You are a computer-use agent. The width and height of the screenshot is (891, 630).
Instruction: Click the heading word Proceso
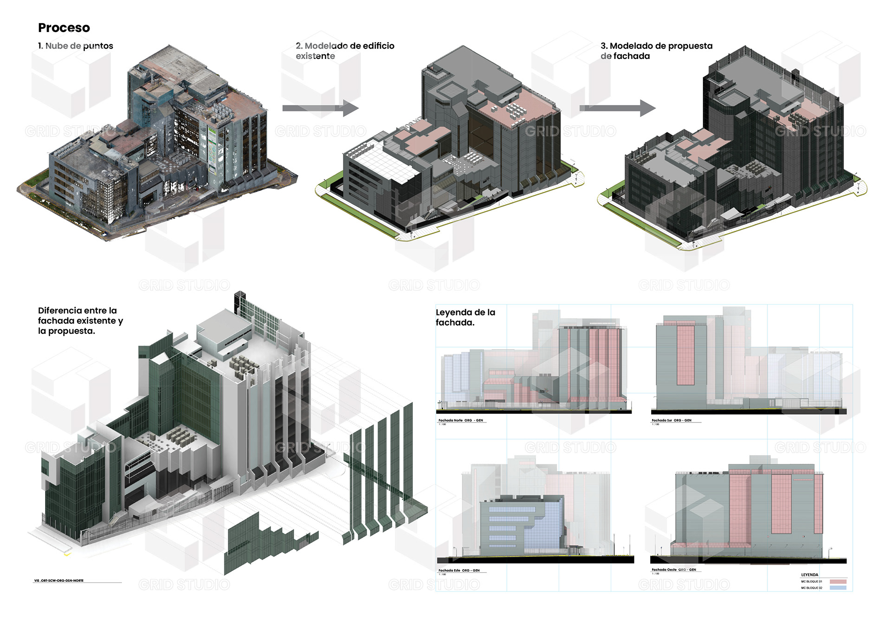click(x=64, y=28)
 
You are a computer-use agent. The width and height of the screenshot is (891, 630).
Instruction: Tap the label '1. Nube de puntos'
click(x=76, y=46)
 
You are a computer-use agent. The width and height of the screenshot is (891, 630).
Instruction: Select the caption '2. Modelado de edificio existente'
click(x=344, y=51)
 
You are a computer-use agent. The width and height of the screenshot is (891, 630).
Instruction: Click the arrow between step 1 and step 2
click(x=320, y=108)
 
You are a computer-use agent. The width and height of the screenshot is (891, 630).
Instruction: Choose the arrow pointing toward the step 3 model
click(x=617, y=108)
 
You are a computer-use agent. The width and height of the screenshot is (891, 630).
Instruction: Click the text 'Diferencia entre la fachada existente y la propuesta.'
click(x=80, y=320)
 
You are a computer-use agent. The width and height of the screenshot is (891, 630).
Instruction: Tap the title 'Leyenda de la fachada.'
click(x=465, y=317)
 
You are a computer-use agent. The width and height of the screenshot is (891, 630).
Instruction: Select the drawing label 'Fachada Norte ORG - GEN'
click(x=460, y=420)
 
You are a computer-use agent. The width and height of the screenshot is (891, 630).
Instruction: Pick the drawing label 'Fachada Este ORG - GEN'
click(x=458, y=570)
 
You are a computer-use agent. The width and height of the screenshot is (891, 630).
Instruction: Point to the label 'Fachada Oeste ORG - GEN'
click(x=673, y=570)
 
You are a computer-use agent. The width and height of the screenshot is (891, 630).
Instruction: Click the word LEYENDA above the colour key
click(x=809, y=575)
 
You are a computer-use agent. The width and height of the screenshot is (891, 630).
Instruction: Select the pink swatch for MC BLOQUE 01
click(x=838, y=582)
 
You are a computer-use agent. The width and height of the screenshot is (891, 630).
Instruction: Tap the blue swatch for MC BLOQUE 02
click(x=838, y=588)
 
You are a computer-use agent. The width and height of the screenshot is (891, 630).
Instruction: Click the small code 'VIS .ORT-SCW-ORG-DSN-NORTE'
click(x=59, y=580)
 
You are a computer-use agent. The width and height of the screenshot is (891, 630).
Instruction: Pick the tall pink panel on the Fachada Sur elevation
click(x=685, y=355)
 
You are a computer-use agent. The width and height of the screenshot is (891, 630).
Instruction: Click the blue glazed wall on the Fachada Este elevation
click(x=548, y=527)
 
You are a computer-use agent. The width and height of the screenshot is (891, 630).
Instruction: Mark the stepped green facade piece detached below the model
click(x=269, y=541)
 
